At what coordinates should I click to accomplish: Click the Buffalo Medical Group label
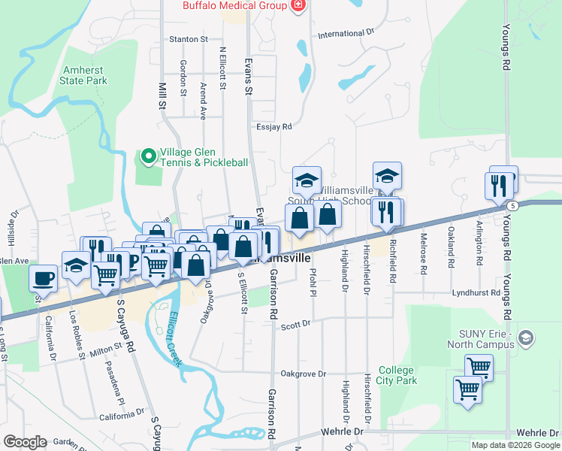[x=234, y=6]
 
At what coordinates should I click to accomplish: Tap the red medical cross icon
[x=298, y=6]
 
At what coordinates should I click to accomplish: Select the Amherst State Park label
[x=83, y=74]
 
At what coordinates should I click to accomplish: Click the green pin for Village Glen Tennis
[x=148, y=156]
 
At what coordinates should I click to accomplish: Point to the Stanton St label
[x=189, y=39]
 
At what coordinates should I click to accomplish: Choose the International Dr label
[x=346, y=34]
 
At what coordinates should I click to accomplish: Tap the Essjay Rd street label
[x=273, y=127]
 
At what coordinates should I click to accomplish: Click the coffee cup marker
[x=43, y=278]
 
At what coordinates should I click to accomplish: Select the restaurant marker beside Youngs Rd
[x=503, y=183]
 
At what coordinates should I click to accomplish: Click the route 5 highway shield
[x=512, y=205]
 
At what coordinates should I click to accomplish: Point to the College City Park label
[x=396, y=375]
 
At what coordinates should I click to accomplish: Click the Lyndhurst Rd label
[x=476, y=292]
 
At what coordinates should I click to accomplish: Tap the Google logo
[x=25, y=442]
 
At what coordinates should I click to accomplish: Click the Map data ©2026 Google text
[x=515, y=445]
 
